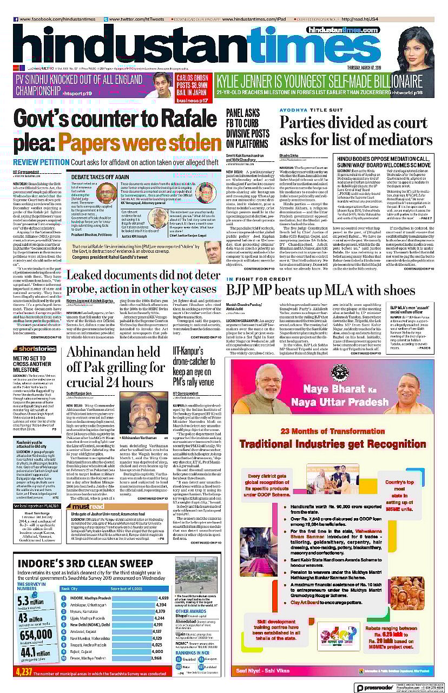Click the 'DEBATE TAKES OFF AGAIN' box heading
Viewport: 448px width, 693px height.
click(98, 177)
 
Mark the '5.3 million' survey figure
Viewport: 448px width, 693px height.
click(30, 600)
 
